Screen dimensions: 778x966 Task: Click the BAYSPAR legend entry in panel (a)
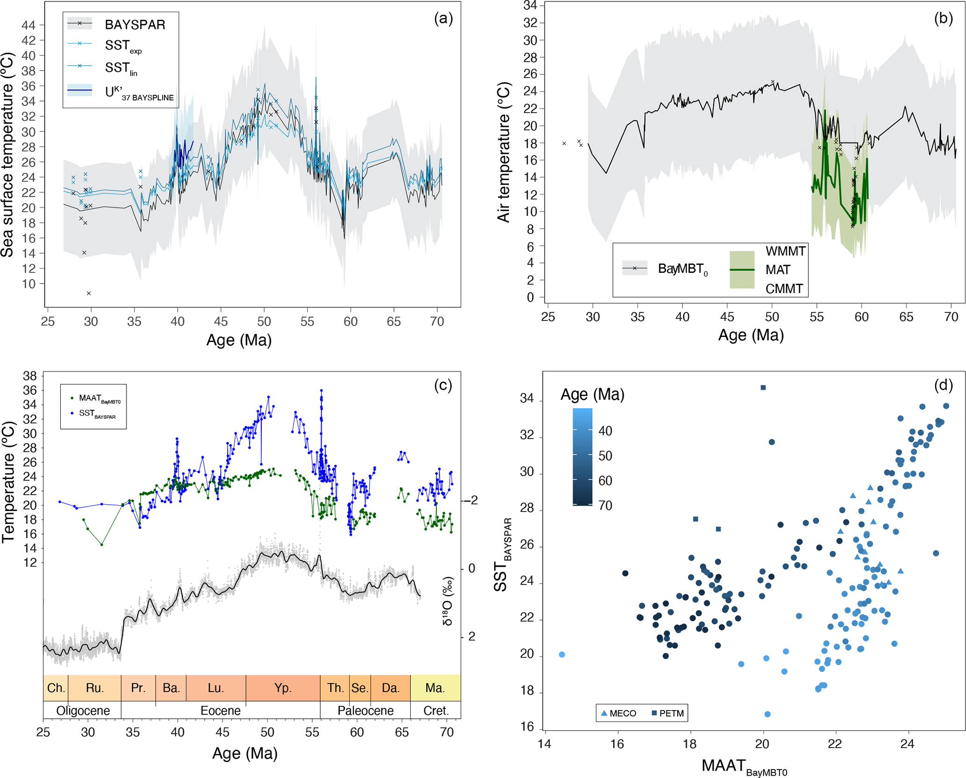[135, 24]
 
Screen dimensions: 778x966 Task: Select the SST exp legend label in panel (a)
[123, 46]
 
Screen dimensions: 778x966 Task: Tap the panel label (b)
[943, 18]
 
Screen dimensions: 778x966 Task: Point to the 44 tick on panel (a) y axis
[29, 25]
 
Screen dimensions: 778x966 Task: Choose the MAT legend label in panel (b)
[778, 270]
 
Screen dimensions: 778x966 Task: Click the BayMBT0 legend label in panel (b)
[682, 269]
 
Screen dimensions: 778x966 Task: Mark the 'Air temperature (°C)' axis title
[504, 152]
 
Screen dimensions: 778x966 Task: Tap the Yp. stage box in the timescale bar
[283, 688]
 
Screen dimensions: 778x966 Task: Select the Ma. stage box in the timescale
[435, 688]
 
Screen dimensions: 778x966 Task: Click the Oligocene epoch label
[83, 711]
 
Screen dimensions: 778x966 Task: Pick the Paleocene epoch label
[365, 711]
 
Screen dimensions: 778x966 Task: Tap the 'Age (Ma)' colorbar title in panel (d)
[592, 395]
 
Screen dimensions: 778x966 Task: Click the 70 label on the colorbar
[605, 506]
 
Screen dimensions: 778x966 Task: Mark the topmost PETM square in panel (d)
[763, 387]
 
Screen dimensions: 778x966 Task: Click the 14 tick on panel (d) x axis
[544, 744]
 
